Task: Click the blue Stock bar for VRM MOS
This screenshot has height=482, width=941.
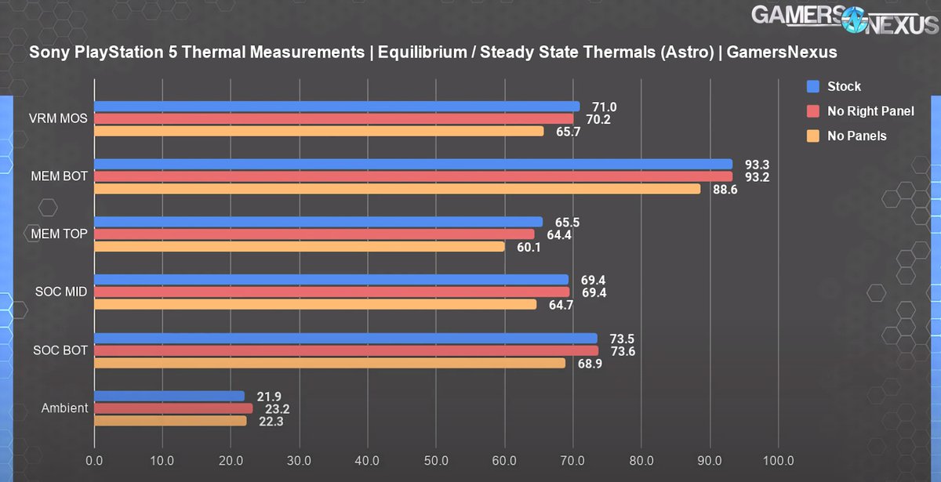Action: [x=337, y=107]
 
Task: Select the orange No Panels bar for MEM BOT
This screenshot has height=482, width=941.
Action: [x=397, y=189]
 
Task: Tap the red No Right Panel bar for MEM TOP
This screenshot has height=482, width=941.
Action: [x=314, y=234]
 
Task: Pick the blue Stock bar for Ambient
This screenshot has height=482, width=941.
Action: [x=169, y=396]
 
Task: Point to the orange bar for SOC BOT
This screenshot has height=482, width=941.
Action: [x=329, y=363]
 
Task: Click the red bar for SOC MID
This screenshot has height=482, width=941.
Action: [x=332, y=292]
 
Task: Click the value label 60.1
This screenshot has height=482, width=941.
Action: [x=528, y=247]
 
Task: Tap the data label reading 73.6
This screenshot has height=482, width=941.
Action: [x=622, y=351]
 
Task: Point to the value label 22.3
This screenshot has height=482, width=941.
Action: [x=271, y=421]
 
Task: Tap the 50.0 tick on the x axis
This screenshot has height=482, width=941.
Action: [x=436, y=459]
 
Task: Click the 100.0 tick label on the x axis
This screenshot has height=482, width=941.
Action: [x=777, y=459]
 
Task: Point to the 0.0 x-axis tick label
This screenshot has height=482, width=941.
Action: [x=95, y=459]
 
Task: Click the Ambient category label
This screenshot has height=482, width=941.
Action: [x=66, y=408]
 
